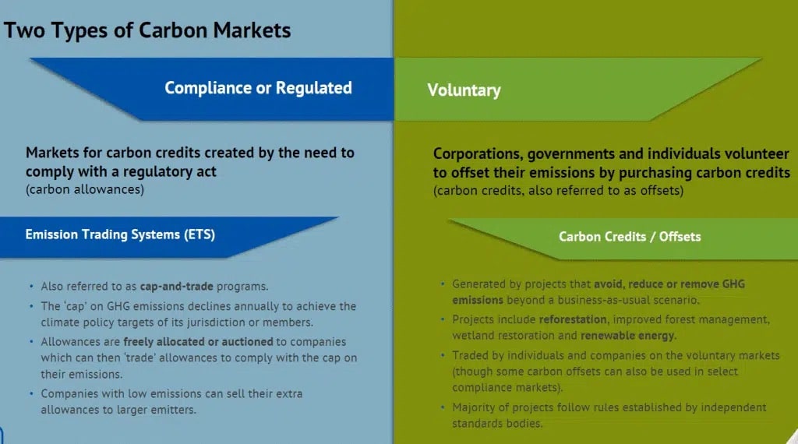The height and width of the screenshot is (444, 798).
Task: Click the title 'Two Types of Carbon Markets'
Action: tap(147, 30)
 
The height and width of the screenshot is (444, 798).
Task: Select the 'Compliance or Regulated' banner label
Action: tap(258, 88)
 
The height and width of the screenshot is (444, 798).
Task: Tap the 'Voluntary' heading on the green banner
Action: tap(464, 90)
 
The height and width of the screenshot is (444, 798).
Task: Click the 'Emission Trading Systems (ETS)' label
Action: tap(120, 234)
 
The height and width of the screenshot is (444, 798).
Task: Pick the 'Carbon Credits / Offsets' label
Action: tap(630, 236)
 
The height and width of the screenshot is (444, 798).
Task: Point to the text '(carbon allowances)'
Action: tap(85, 189)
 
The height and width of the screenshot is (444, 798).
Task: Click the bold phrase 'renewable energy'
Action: tap(628, 336)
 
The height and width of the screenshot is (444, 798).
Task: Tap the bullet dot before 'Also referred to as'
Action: tap(31, 287)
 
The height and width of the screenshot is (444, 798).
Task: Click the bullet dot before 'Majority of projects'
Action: tap(443, 407)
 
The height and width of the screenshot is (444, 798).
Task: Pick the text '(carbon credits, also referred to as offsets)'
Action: tap(558, 190)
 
